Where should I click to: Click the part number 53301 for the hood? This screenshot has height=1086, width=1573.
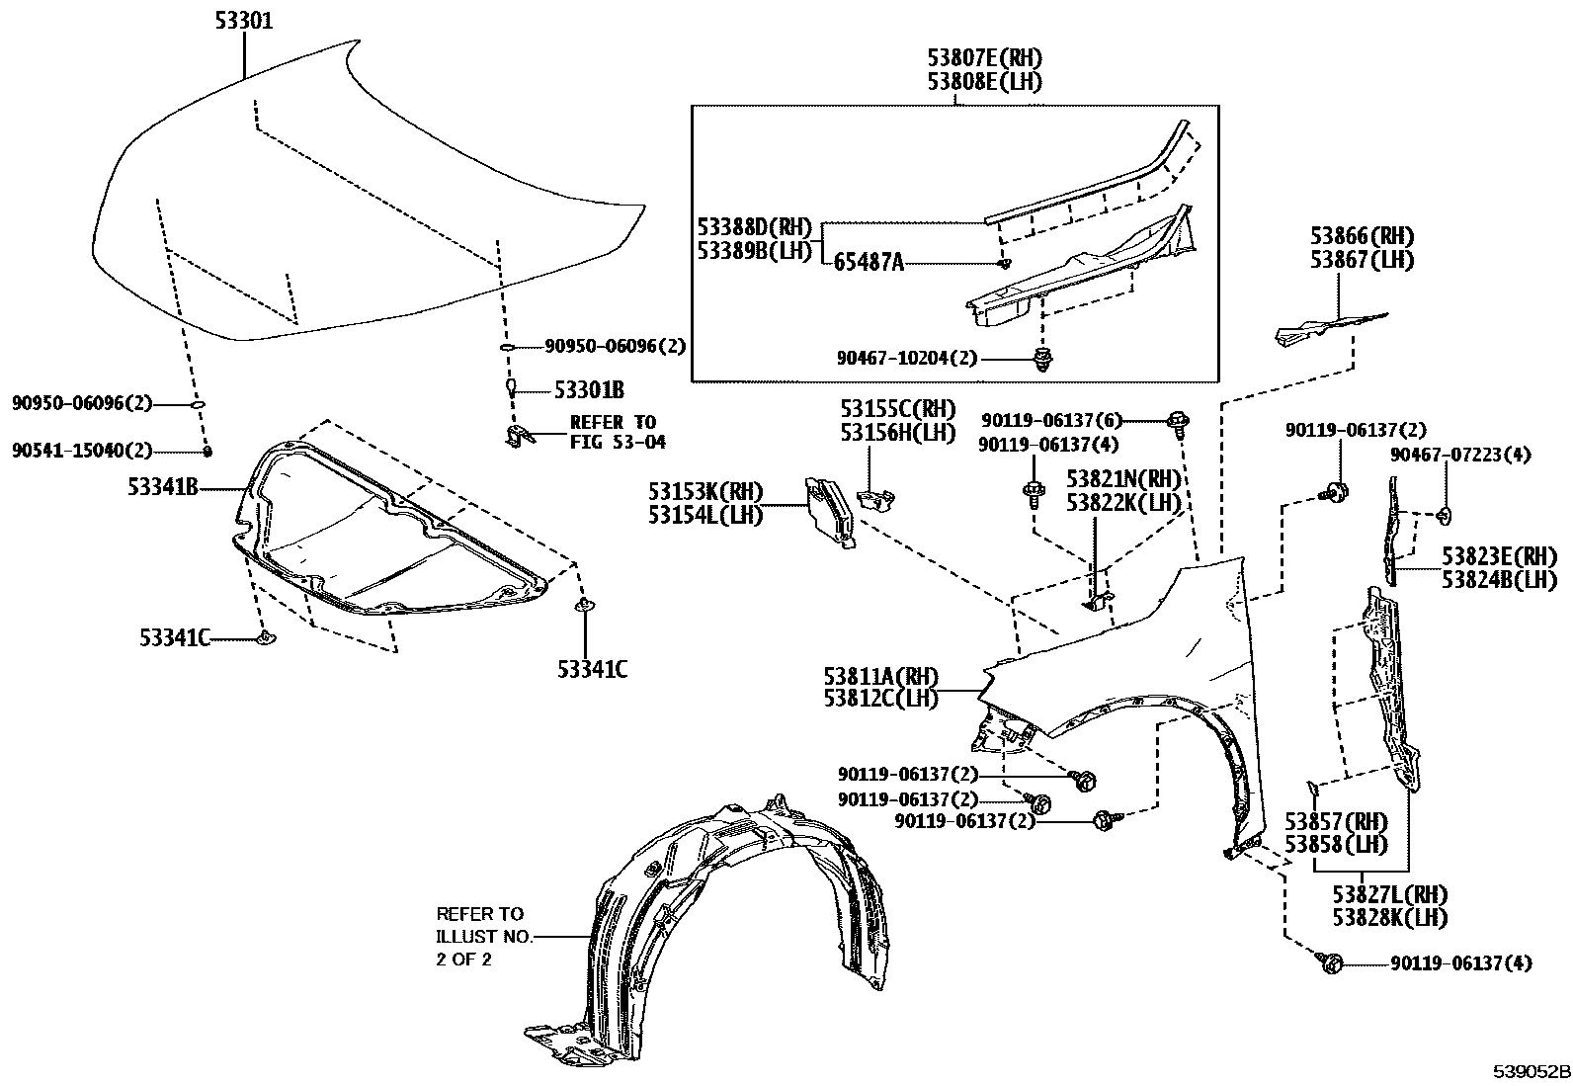(x=244, y=21)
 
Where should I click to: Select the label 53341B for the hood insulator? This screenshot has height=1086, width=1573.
(x=164, y=486)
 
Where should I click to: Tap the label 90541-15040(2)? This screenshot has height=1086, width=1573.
(x=83, y=452)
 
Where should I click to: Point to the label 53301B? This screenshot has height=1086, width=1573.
(x=589, y=390)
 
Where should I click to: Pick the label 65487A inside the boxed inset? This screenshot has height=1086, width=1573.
(x=869, y=263)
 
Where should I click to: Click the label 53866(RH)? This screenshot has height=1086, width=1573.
(x=1363, y=236)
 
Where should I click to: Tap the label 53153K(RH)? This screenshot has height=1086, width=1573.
(x=705, y=491)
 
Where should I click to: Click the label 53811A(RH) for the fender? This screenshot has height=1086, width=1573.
(x=880, y=677)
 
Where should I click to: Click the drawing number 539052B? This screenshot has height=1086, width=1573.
(x=1531, y=1072)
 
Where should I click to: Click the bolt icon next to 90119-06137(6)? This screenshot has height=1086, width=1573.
(x=1178, y=422)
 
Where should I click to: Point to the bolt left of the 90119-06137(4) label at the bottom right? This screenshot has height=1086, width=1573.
(x=1329, y=961)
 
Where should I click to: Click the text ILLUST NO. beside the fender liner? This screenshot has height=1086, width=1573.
(x=484, y=936)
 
